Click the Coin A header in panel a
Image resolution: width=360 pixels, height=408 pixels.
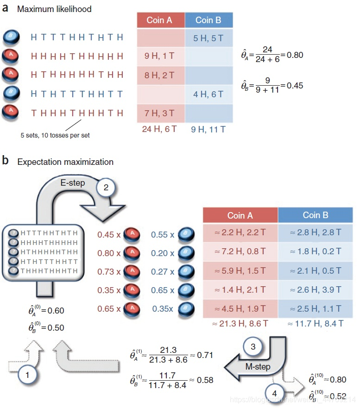point(160,20)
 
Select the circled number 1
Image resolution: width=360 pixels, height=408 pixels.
point(28,376)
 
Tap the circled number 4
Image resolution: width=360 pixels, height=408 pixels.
point(275,393)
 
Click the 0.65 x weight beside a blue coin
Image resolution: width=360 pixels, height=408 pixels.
point(163,290)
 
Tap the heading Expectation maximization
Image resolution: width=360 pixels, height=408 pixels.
point(65,162)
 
